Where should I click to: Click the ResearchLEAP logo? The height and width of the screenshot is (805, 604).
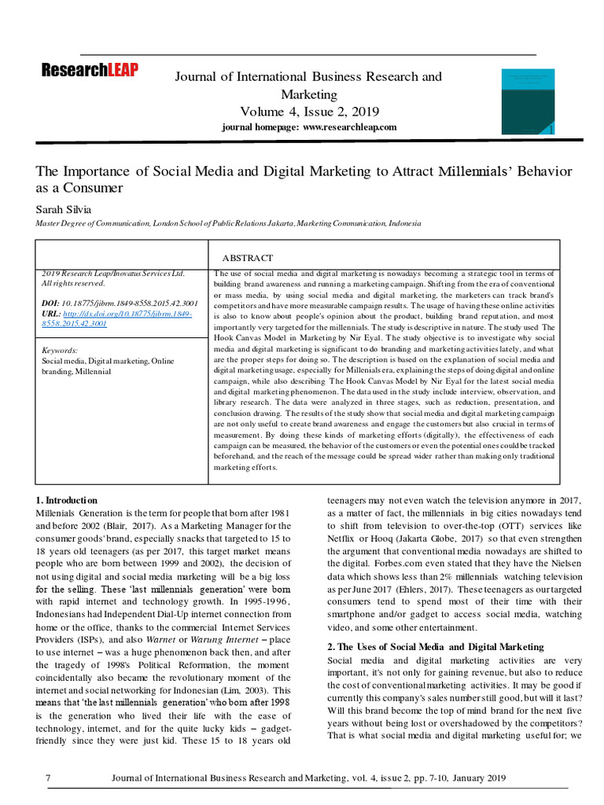coord(90,71)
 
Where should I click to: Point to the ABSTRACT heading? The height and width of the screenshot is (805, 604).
coord(248,258)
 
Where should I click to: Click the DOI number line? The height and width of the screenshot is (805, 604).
coord(119,303)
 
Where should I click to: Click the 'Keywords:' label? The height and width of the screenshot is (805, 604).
coord(60,350)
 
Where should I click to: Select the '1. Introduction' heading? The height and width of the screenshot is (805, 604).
coord(67,500)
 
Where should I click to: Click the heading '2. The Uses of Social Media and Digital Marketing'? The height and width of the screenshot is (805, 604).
coord(435,646)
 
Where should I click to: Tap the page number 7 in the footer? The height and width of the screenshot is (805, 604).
coord(48,778)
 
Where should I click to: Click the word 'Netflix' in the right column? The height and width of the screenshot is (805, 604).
coord(342,538)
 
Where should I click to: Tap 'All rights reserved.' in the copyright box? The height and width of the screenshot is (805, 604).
coord(72,283)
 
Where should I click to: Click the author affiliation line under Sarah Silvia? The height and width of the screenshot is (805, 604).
coord(229,223)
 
